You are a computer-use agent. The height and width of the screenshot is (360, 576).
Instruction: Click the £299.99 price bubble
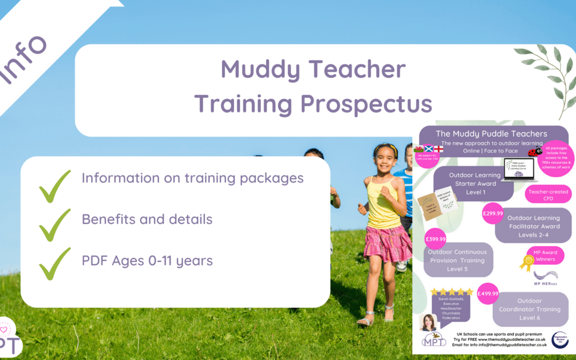[493, 213]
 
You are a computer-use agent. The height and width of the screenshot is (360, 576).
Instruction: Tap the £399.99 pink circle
[436, 239]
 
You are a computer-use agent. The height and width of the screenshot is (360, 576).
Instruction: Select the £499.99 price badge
[487, 293]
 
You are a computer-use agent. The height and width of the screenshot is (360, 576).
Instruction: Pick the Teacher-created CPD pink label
[548, 195]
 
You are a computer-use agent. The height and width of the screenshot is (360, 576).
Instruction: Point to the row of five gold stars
[452, 292]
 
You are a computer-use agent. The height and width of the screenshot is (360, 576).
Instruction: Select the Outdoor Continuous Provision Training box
[457, 260]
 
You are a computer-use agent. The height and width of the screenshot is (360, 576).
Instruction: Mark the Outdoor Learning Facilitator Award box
[533, 226]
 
